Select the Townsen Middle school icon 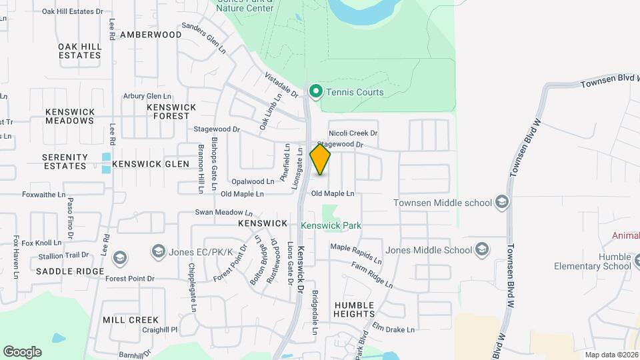(501, 203)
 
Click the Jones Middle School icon (482, 250)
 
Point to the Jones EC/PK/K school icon (158, 251)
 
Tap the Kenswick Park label (331, 225)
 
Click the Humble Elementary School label (592, 261)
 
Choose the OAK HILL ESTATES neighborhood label (79, 51)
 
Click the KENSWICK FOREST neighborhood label (171, 111)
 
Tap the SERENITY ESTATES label (65, 161)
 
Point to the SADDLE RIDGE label (70, 271)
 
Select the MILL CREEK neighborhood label (131, 320)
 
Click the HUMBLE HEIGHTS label (354, 309)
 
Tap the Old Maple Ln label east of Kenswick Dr (333, 193)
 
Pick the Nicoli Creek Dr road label (353, 133)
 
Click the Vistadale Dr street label (281, 85)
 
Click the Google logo (22, 352)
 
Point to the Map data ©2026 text (611, 355)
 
